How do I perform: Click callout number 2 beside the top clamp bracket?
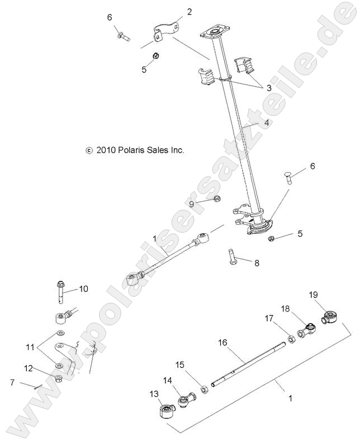pyautogui.click(x=190, y=11)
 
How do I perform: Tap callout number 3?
pyautogui.click(x=268, y=88)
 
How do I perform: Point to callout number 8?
pyautogui.click(x=257, y=262)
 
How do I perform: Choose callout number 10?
pyautogui.click(x=83, y=289)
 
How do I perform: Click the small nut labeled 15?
pyautogui.click(x=205, y=388)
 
